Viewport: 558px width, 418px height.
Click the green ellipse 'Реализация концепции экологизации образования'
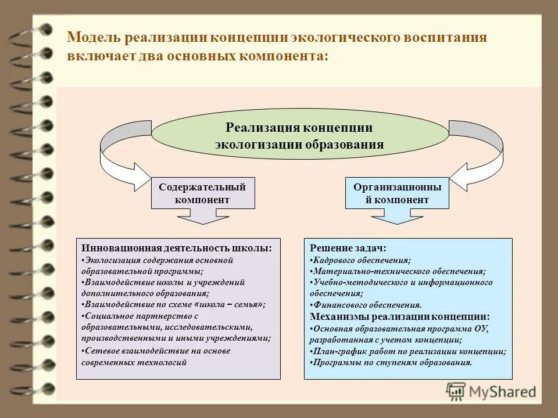[299, 136]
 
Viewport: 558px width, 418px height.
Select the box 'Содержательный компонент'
[202, 193]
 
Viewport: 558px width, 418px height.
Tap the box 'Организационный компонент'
[397, 193]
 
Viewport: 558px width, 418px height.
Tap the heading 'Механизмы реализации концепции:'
[400, 316]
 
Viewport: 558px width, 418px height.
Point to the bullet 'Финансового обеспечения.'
[366, 305]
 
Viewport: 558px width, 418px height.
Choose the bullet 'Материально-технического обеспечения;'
[398, 271]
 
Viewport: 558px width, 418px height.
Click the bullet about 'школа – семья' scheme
[174, 304]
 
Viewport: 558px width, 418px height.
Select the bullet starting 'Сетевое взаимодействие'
[157, 351]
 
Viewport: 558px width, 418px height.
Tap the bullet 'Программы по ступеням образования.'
[392, 362]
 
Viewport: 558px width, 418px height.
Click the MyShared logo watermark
[491, 391]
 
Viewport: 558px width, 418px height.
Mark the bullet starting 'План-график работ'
[408, 351]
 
